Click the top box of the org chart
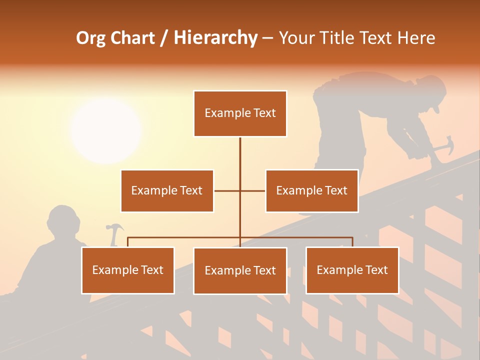pos(240,113)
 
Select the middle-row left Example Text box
pos(167,190)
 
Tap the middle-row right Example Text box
pos(311,190)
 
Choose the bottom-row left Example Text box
pos(128,270)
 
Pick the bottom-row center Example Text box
pos(240,270)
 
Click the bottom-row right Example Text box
pos(352,270)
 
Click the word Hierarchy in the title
pos(215,37)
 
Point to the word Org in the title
pos(91,38)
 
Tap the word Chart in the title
pos(132,37)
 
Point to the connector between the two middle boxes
pos(240,190)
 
